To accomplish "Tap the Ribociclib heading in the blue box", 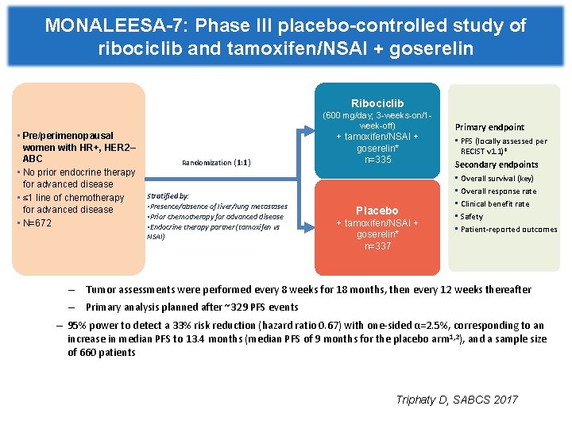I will tap(377, 103).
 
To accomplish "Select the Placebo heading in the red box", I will tap(377, 211).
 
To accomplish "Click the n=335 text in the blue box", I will tap(377, 160).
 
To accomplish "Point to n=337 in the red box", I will tap(377, 246).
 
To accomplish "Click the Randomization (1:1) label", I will tap(216, 162).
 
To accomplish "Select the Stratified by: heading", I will tap(168, 195).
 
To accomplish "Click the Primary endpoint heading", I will tap(489, 127).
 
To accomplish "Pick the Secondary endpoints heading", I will tap(496, 164).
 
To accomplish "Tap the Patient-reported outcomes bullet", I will tap(508, 230).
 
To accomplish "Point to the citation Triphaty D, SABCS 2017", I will tap(457, 400).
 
